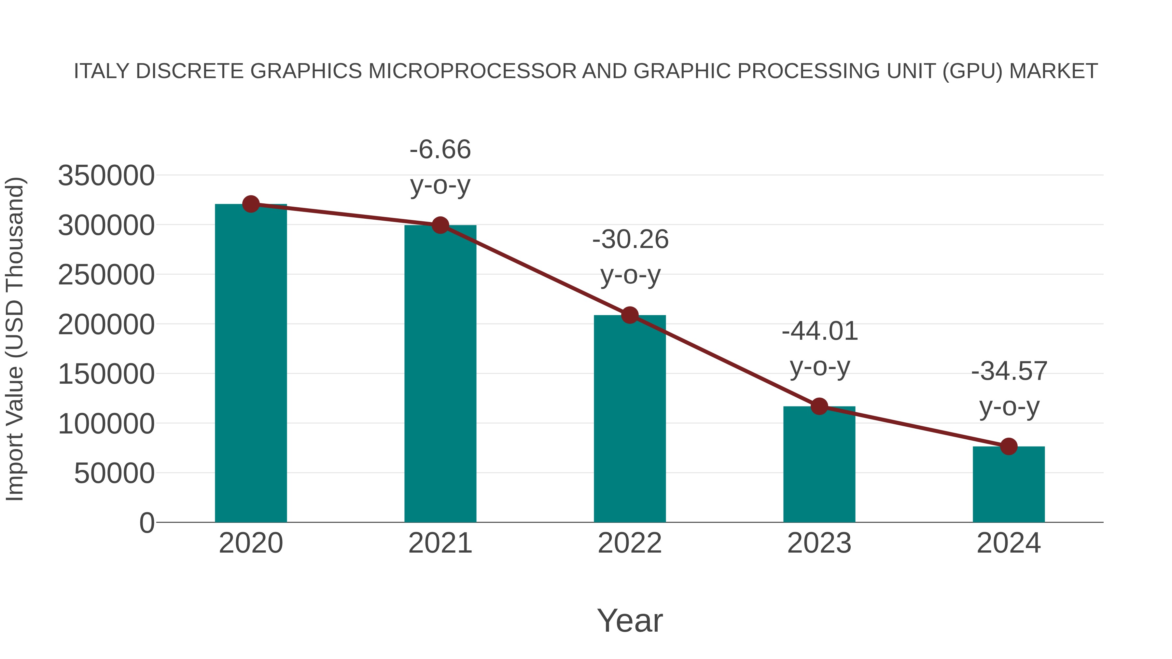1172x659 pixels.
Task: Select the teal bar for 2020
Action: coord(251,364)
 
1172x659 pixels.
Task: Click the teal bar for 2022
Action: coord(630,419)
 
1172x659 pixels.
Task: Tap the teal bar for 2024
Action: coord(1009,484)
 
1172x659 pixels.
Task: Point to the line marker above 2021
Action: coord(440,225)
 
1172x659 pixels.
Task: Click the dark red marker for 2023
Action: coord(819,406)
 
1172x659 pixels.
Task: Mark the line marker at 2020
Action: coord(251,204)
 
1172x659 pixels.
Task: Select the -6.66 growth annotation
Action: coord(440,150)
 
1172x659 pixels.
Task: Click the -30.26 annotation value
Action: coord(630,239)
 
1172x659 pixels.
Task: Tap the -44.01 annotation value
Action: coord(819,331)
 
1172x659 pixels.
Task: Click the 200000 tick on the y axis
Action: coord(106,325)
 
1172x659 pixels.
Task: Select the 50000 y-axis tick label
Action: coord(114,474)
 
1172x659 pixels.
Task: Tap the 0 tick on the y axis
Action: coord(146,523)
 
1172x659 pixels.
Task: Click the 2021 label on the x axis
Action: coord(440,543)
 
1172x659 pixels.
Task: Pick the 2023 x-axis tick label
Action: coord(819,543)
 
